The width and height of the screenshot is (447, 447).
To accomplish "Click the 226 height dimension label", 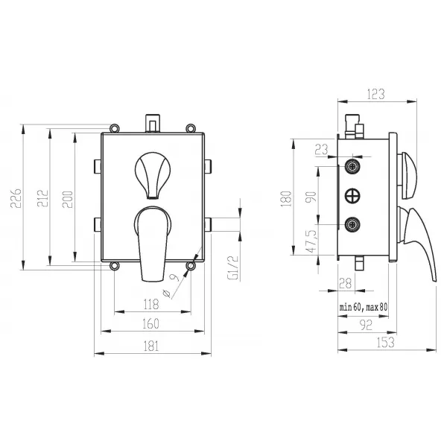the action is coord(16,198).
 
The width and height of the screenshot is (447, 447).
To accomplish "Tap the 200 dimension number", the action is coord(68,199).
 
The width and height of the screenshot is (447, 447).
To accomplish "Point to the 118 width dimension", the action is coord(151,304).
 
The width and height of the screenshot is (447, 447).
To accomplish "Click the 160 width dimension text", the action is coord(150,323).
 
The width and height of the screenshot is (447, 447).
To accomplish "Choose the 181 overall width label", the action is coord(150,346).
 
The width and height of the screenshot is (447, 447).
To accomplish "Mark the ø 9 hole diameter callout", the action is coord(171,285).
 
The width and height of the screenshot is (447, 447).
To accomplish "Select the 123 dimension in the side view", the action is coord(375,94).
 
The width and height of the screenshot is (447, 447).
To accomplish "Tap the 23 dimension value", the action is coord(322,149).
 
